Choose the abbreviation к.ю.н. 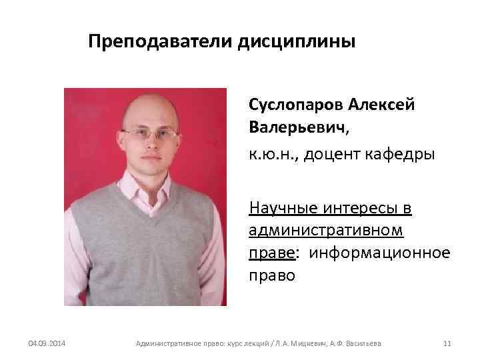[271, 155]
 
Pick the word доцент [331, 155]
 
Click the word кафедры [399, 155]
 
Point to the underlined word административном [326, 231]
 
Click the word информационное [380, 253]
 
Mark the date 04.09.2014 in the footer [47, 344]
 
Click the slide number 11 [447, 344]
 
